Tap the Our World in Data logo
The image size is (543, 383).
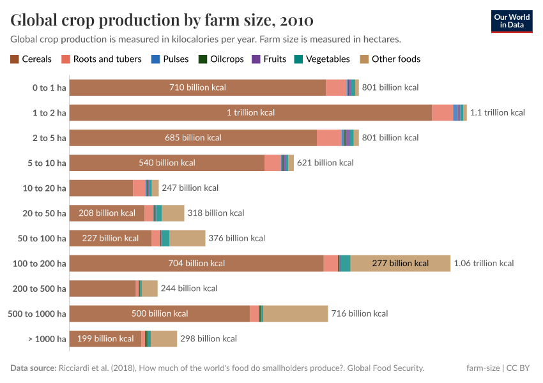[511, 20]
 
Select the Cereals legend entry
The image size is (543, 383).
[31, 59]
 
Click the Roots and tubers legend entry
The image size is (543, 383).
[102, 59]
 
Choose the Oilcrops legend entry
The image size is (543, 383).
[221, 59]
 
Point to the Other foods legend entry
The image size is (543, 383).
[390, 59]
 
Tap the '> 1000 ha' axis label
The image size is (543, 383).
[47, 338]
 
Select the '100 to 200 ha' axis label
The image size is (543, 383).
[40, 263]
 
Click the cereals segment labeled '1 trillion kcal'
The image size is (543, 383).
[250, 112]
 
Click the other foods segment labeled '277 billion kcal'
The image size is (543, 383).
[400, 263]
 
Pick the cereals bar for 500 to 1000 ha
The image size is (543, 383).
[159, 313]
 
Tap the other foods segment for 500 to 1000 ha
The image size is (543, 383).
[295, 313]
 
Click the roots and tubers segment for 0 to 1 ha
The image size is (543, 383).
[336, 87]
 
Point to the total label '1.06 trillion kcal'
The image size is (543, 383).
[484, 263]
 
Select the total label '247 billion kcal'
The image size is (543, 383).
[190, 188]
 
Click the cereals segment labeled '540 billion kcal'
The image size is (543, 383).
[167, 163]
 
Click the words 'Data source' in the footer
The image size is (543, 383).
[33, 368]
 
